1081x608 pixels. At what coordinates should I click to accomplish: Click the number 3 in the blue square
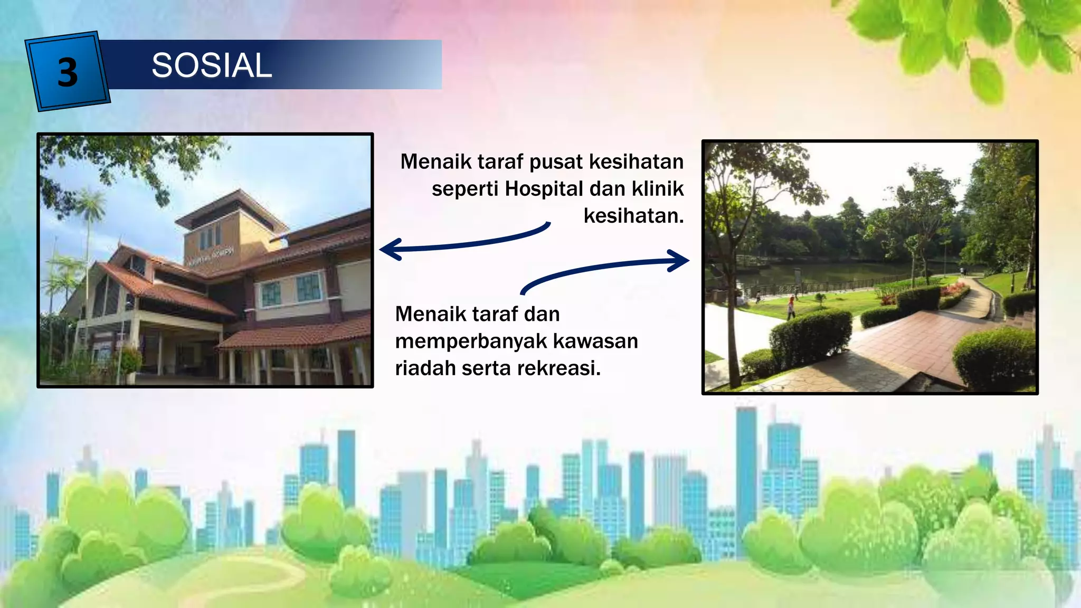pyautogui.click(x=68, y=72)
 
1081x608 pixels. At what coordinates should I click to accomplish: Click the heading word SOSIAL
pyautogui.click(x=212, y=65)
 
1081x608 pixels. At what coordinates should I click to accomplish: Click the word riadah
pyautogui.click(x=425, y=368)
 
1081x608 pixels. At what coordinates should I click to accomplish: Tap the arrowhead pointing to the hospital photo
pyautogui.click(x=391, y=249)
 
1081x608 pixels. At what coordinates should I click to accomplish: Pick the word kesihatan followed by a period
pyautogui.click(x=633, y=216)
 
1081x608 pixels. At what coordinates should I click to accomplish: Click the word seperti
pyautogui.click(x=465, y=188)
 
